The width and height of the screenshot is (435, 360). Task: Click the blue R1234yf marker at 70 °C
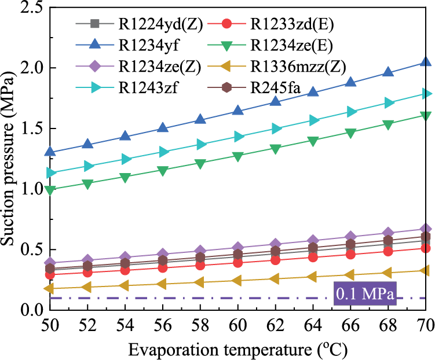pyautogui.click(x=426, y=62)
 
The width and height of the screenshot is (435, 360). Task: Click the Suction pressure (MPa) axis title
pyautogui.click(x=10, y=157)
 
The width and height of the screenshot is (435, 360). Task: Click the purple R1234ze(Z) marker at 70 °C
pyautogui.click(x=426, y=229)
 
